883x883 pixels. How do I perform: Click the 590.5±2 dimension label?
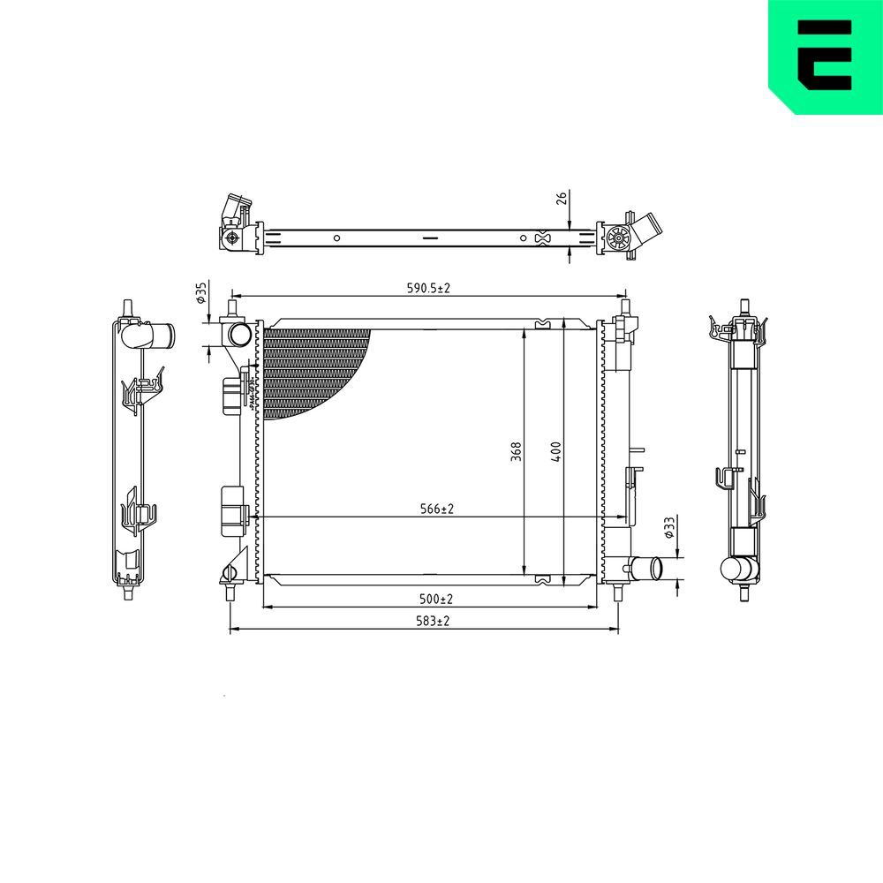click(428, 289)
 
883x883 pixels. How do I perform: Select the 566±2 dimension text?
click(436, 509)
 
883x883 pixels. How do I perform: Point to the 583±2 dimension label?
click(433, 622)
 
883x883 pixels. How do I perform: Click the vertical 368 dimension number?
click(517, 450)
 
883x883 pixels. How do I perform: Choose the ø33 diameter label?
click(669, 527)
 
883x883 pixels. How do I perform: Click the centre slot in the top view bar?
click(428, 238)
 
